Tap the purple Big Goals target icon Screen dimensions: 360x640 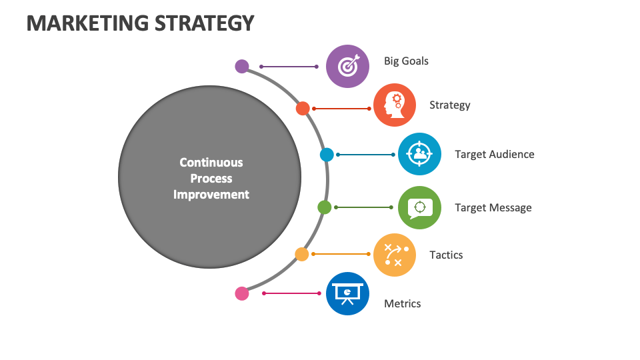tap(347, 66)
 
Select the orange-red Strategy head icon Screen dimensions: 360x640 tap(395, 105)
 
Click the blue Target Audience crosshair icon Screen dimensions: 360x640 tap(419, 154)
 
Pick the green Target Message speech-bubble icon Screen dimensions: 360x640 tap(419, 207)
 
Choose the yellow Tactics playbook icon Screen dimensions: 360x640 tap(395, 255)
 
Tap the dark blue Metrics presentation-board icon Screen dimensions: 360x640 tap(347, 293)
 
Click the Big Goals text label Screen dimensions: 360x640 tap(406, 61)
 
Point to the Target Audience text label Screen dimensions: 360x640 tap(494, 154)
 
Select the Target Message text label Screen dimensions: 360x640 tap(493, 207)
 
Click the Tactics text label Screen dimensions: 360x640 tap(446, 255)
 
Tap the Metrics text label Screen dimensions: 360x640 tap(402, 303)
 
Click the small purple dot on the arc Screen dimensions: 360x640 tap(242, 66)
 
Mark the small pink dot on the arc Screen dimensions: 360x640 tap(242, 293)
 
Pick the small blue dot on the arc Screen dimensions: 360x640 tap(327, 155)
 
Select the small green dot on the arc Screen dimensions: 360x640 tap(325, 207)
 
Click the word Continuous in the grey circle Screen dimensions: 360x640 tap(211, 162)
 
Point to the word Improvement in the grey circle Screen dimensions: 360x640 tap(211, 195)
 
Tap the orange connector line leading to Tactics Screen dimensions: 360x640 tap(341, 254)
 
